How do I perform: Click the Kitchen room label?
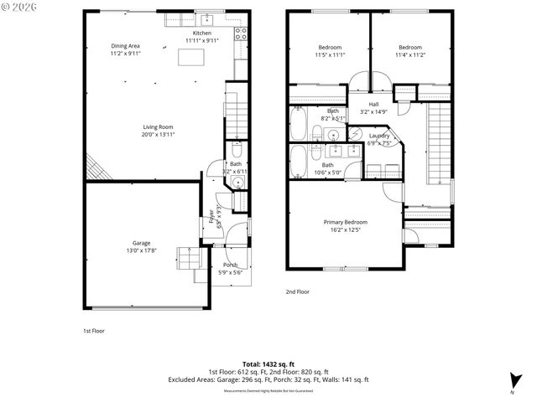coord(201,33)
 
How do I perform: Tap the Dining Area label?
coord(125,45)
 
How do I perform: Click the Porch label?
coord(229,265)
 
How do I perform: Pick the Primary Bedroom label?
coord(346,221)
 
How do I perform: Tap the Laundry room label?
coord(379,135)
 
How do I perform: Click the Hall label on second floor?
coord(374,104)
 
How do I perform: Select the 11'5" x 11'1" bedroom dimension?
coord(331,54)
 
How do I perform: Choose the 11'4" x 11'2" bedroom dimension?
coord(410,54)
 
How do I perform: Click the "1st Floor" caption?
coord(93,331)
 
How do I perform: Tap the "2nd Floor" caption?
coord(297,291)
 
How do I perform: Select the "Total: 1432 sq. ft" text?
coord(268,363)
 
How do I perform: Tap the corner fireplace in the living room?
coord(97,170)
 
